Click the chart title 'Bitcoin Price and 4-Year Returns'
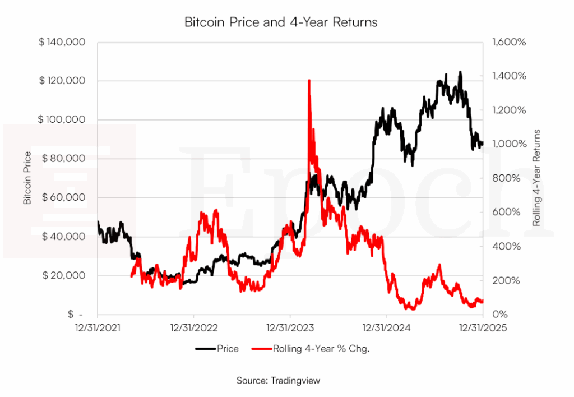281,22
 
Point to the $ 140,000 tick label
62,42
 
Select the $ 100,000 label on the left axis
62,119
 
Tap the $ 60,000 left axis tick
64,197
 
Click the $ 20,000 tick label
64,275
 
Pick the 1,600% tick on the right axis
509,42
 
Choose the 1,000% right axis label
509,144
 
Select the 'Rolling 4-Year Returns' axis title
536,178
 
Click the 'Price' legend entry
228,349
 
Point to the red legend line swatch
262,349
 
